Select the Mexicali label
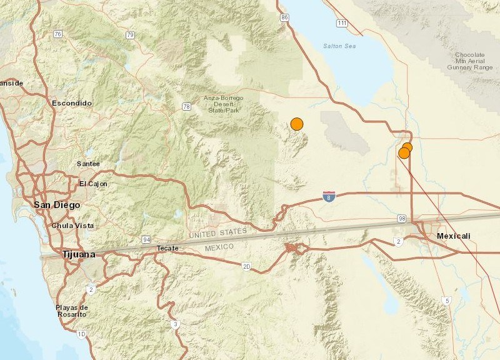point(454,236)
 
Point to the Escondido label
point(72,102)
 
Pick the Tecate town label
point(167,248)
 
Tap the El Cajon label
point(93,184)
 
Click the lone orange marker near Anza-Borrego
point(297,124)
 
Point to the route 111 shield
point(341,23)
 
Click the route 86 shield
point(286,18)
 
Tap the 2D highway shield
point(247,267)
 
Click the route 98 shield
point(402,218)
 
